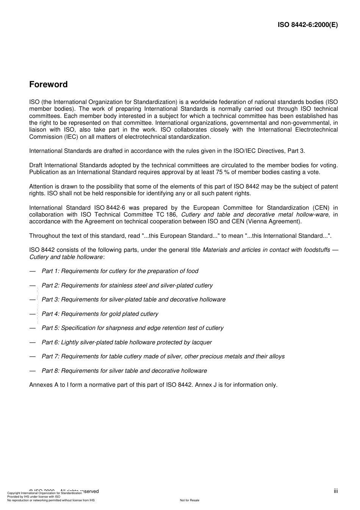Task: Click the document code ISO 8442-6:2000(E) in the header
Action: [308, 25]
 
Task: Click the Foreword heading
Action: [49, 85]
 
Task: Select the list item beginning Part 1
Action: [120, 271]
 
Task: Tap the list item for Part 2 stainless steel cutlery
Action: [127, 286]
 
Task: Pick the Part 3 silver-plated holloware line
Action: [133, 300]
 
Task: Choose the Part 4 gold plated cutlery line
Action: [100, 314]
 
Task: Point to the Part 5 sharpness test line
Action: [132, 328]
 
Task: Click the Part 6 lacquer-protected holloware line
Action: [127, 342]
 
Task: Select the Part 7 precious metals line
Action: [163, 356]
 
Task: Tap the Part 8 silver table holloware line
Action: [124, 371]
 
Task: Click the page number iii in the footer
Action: [336, 491]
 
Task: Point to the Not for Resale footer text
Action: [189, 500]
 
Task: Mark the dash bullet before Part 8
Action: [33, 371]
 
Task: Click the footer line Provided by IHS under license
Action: [34, 496]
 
